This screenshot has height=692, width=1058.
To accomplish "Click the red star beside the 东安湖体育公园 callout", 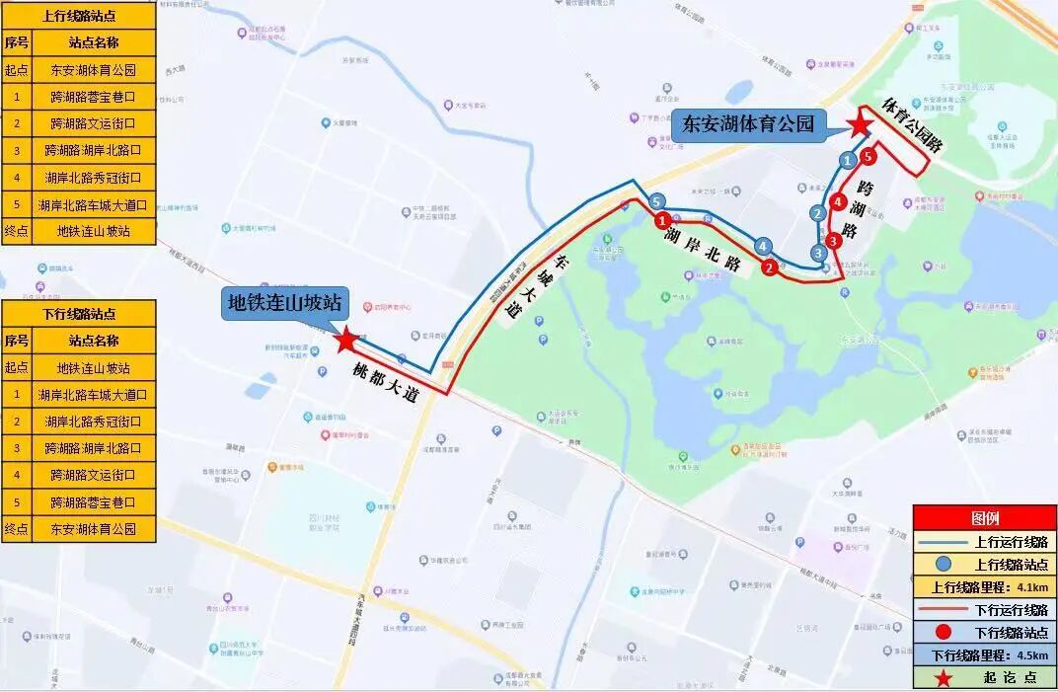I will click(x=861, y=124).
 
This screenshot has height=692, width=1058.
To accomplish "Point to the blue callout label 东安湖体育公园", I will click(x=749, y=123).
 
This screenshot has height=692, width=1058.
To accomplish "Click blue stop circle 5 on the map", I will click(x=657, y=202).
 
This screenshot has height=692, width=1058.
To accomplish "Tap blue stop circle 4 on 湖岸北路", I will click(x=762, y=246).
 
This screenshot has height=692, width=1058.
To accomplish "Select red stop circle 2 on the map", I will click(x=768, y=267).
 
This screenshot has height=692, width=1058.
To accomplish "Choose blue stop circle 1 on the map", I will click(x=846, y=159).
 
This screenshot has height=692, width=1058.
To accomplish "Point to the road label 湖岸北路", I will click(x=703, y=250).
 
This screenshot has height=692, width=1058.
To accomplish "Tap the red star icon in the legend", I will click(x=945, y=678).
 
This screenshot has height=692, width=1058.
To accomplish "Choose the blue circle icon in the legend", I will click(x=945, y=564).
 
